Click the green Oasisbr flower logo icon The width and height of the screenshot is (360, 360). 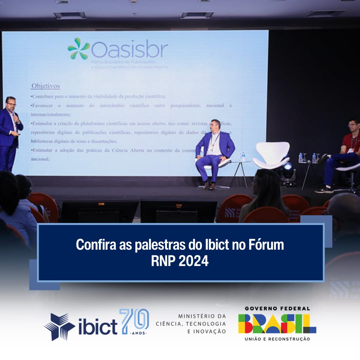coord(79,49)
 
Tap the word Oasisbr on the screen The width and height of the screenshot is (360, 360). coord(129,50)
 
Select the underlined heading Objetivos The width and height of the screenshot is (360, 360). coord(46,86)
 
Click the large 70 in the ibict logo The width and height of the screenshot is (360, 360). coord(134,321)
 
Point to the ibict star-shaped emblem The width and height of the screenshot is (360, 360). coord(59,326)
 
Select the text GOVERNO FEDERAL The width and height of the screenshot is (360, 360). coord(277,308)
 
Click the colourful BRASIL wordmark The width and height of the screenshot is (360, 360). coord(277,324)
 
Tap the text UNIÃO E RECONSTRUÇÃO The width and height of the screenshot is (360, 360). coord(277,339)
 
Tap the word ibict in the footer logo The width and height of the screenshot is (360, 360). coord(98,327)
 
